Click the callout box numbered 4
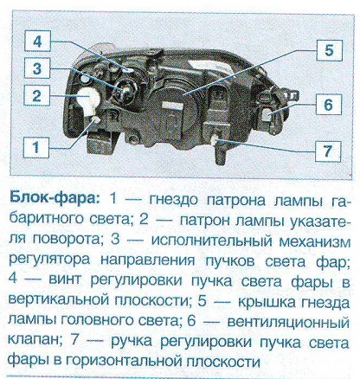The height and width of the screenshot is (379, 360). click(37, 42)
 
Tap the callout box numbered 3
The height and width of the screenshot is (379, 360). click(37, 68)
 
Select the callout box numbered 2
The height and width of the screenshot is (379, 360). click(37, 95)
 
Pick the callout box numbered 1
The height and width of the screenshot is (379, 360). click(36, 147)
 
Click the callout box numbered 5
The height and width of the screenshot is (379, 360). click(329, 50)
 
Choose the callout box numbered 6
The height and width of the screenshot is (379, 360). click(329, 105)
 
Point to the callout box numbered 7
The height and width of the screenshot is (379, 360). click(328, 151)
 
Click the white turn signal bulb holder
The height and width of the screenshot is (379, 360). click(87, 99)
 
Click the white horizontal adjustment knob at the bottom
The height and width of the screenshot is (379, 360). click(215, 140)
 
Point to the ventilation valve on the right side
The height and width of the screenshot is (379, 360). click(267, 114)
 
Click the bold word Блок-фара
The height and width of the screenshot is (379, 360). click(55, 198)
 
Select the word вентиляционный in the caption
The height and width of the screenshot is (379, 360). click(288, 322)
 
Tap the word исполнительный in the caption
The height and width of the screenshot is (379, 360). click(211, 241)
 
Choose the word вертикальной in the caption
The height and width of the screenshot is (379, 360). click(59, 301)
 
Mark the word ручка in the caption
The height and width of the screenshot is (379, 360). click(132, 343)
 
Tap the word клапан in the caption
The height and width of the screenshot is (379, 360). click(35, 341)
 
